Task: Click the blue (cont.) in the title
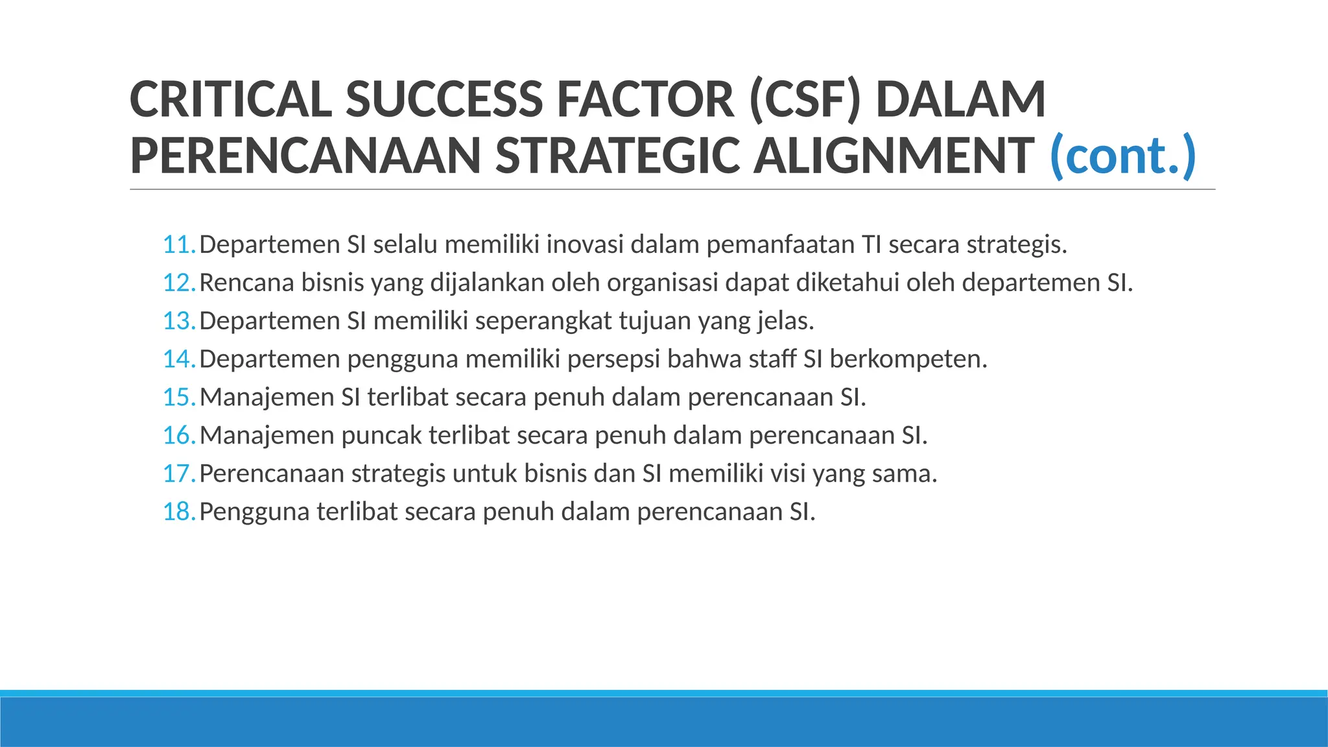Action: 1122,156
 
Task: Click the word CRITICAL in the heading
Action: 231,100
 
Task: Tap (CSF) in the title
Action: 804,100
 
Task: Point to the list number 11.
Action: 178,245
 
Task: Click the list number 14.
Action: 178,359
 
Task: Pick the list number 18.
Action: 178,512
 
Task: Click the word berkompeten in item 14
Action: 908,359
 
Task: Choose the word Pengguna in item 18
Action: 254,512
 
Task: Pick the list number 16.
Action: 178,436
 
